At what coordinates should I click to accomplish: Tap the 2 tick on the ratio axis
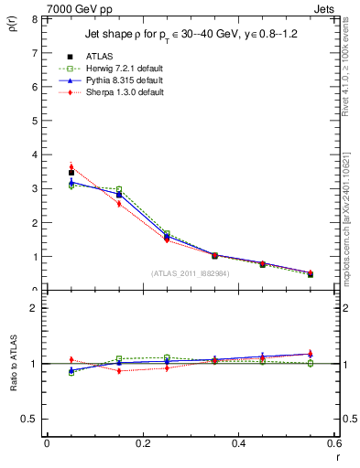(33, 308)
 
